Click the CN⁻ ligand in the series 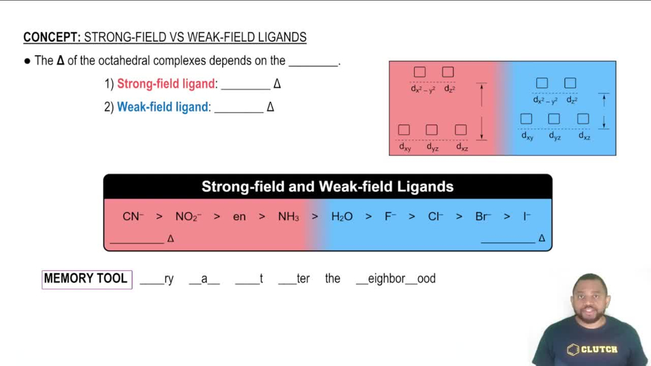coord(133,217)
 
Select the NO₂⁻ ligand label coord(188,217)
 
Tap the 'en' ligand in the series coord(240,217)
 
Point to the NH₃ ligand coord(288,217)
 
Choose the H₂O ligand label coord(342,217)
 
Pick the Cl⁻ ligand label coord(436,217)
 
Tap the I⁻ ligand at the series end coord(527,217)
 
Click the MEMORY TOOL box coord(87,279)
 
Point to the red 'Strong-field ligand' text coord(166,84)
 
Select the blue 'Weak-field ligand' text coord(163,107)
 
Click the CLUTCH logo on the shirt coord(593,350)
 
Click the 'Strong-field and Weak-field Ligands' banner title coord(327,187)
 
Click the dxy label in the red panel coord(405,148)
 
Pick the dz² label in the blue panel coord(572,100)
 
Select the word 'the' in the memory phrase coord(333,279)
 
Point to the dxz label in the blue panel coord(585,137)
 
